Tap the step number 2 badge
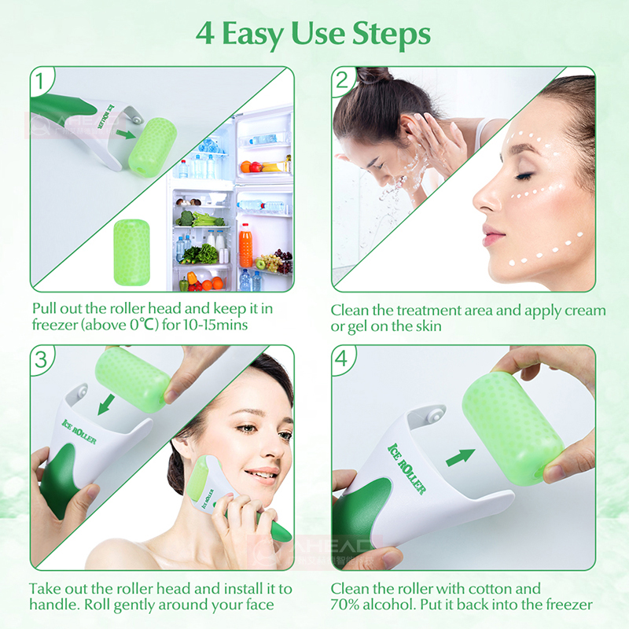343,80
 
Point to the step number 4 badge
343,359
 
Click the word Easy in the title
256,34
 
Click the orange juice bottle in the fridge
245,245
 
